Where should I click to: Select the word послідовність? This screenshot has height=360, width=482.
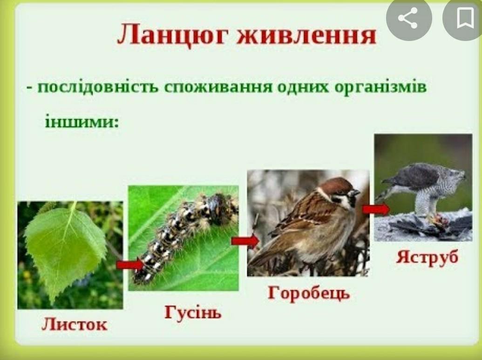[98, 87]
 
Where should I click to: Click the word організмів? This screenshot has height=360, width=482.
[380, 87]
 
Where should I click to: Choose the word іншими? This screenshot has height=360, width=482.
[82, 121]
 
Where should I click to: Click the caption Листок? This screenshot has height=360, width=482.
[75, 324]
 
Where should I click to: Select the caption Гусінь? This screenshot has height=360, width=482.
[193, 312]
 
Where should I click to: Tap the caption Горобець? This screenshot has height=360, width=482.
[309, 292]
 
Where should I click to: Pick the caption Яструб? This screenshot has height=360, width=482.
[427, 257]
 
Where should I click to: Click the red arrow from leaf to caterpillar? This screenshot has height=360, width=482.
[130, 264]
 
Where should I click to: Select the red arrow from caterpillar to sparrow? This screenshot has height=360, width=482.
[245, 241]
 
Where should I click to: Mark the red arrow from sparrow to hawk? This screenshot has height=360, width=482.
[376, 210]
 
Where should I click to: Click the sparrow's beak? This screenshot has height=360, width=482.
[355, 193]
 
